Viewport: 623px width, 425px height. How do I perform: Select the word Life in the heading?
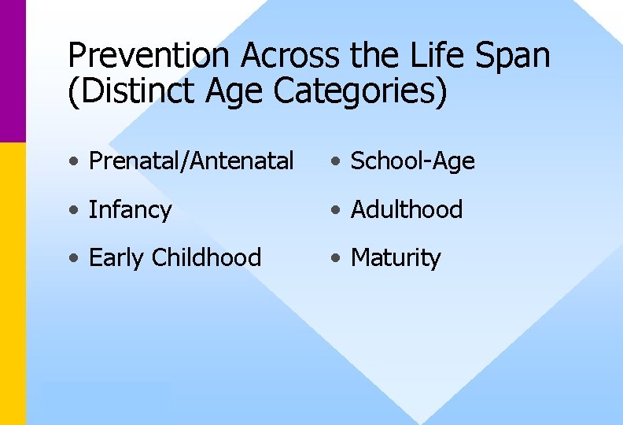click(x=438, y=56)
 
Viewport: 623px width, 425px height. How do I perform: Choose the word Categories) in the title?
click(x=361, y=92)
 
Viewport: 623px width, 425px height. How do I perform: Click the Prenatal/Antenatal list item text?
click(x=191, y=161)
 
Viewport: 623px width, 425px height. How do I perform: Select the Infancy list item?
click(x=130, y=210)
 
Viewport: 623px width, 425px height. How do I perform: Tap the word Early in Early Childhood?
click(x=117, y=258)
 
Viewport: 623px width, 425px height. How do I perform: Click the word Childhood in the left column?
click(x=206, y=257)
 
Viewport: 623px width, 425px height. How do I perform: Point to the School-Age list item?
click(x=412, y=161)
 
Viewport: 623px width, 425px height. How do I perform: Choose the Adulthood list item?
click(x=406, y=209)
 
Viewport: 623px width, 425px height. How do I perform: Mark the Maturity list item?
click(x=395, y=258)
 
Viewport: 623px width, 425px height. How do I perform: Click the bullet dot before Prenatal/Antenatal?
click(x=73, y=162)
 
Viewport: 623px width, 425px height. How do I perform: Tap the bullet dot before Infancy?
click(x=73, y=211)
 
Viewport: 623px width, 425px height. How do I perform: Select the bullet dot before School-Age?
click(x=335, y=162)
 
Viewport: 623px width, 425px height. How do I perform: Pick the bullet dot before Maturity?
click(x=335, y=259)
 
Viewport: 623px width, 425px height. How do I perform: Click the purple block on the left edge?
click(x=13, y=71)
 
